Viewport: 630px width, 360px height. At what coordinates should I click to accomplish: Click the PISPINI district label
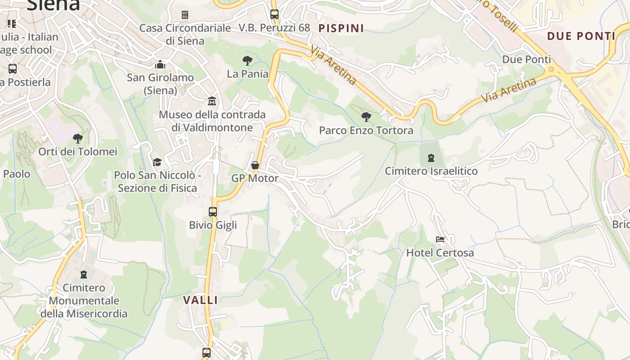coord(341,28)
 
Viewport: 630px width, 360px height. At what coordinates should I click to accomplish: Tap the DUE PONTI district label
coord(581,36)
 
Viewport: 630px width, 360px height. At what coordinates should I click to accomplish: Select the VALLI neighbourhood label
coord(201,300)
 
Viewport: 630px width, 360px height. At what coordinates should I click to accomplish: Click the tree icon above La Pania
coord(247,60)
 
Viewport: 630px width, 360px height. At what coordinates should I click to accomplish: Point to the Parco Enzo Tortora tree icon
coord(366,117)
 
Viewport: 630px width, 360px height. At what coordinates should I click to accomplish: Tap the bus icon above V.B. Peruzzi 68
coord(274,14)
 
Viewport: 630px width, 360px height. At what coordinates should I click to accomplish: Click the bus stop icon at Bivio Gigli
coord(213,211)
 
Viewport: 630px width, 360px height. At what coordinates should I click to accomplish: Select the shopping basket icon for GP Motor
coord(255,165)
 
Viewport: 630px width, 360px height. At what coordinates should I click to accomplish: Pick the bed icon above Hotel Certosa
coord(440,239)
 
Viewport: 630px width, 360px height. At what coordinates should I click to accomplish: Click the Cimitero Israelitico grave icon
coord(431,157)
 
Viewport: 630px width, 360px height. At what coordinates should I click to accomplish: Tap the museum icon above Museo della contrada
coord(212,101)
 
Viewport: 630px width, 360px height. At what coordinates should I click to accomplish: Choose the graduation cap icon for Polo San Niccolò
coord(157,162)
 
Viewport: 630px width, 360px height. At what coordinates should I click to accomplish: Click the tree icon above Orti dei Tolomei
coord(78,138)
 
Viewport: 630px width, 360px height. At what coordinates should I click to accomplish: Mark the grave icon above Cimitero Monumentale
coord(84,274)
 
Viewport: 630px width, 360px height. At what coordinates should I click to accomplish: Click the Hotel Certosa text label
coord(440,253)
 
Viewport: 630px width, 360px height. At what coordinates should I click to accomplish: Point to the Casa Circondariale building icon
coord(184,15)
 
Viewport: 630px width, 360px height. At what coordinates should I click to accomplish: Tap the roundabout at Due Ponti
coord(551,70)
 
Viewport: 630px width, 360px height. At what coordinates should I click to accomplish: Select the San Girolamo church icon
coord(160,64)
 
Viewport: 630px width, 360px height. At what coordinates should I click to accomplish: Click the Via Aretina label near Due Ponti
coord(508,90)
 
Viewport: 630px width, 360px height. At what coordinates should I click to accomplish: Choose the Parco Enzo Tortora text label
coord(366,130)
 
